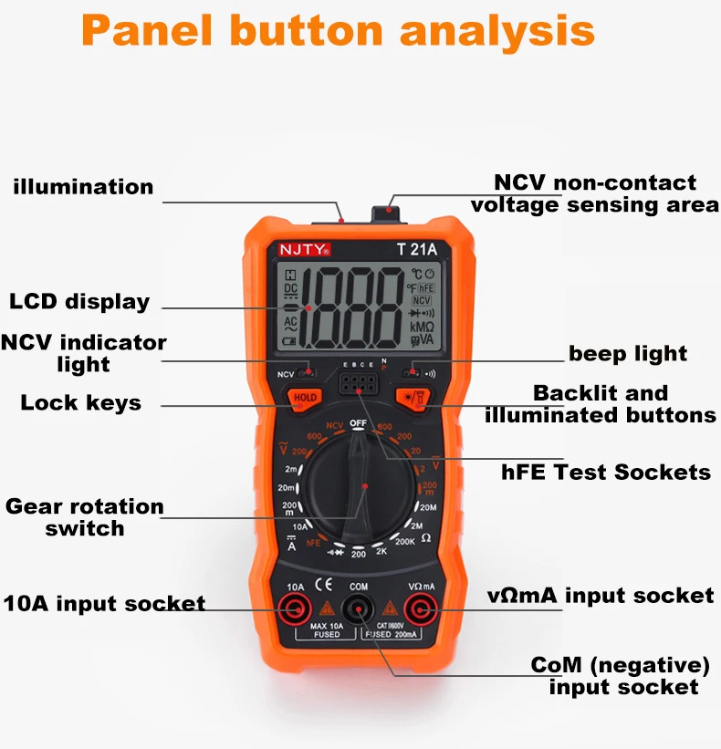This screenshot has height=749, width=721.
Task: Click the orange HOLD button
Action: pyautogui.click(x=305, y=398)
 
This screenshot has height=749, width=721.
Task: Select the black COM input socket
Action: pyautogui.click(x=358, y=609)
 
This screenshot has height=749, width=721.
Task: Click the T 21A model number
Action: pyautogui.click(x=414, y=248)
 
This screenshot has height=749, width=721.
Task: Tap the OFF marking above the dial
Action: pyautogui.click(x=358, y=423)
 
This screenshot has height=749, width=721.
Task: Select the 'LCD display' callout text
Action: pyautogui.click(x=79, y=302)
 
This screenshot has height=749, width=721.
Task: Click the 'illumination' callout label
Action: pyautogui.click(x=83, y=187)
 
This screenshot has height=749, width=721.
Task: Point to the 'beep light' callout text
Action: pyautogui.click(x=628, y=353)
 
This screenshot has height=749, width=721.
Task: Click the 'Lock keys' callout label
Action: pyautogui.click(x=80, y=402)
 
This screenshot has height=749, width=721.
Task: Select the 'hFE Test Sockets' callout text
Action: pyautogui.click(x=606, y=472)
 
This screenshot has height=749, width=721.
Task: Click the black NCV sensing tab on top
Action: pyautogui.click(x=389, y=216)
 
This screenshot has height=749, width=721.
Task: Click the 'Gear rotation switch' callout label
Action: pyautogui.click(x=85, y=516)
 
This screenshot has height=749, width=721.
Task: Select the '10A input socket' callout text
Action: pyautogui.click(x=104, y=603)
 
